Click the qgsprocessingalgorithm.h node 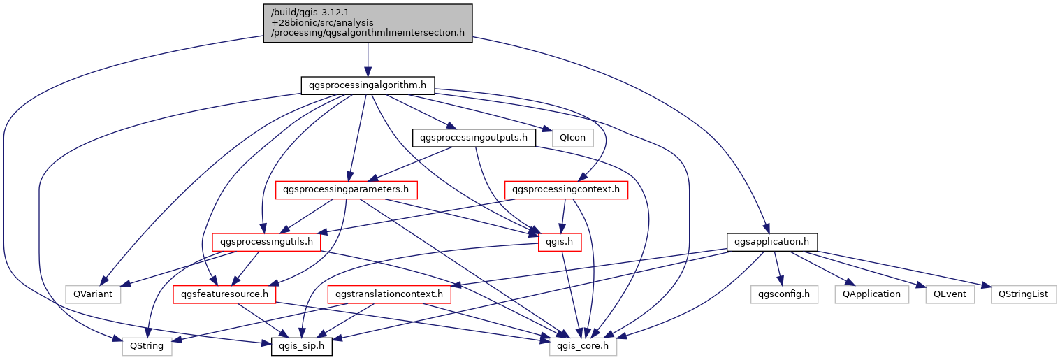(368, 85)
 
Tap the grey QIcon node (572, 138)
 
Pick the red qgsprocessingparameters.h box (347, 189)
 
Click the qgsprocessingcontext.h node (566, 189)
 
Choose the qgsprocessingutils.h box (266, 242)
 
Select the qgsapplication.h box (771, 242)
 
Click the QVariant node (93, 294)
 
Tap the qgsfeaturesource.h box (225, 294)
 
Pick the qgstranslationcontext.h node (389, 294)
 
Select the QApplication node (871, 294)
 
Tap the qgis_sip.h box (302, 346)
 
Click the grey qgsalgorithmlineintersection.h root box (368, 23)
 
